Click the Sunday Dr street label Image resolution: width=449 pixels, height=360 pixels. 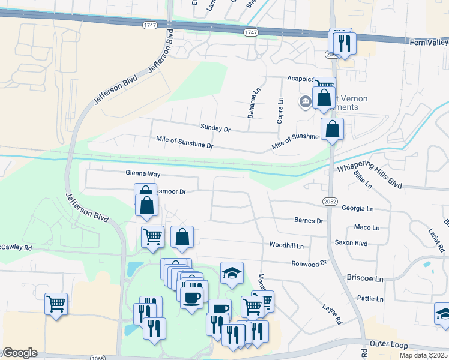pos(215,128)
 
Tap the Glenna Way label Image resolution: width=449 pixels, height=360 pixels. pos(143,173)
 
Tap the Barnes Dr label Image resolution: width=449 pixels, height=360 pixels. pos(309,220)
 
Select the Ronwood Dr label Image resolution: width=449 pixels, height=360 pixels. pos(309,263)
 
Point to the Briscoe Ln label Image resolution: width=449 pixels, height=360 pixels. pos(365,279)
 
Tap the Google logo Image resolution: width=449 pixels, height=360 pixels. pos(19,353)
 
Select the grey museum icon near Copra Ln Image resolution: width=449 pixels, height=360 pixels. pos(305,101)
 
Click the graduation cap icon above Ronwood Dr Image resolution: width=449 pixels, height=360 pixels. pos(232,273)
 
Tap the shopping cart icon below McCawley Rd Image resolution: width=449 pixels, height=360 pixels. pos(56,304)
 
